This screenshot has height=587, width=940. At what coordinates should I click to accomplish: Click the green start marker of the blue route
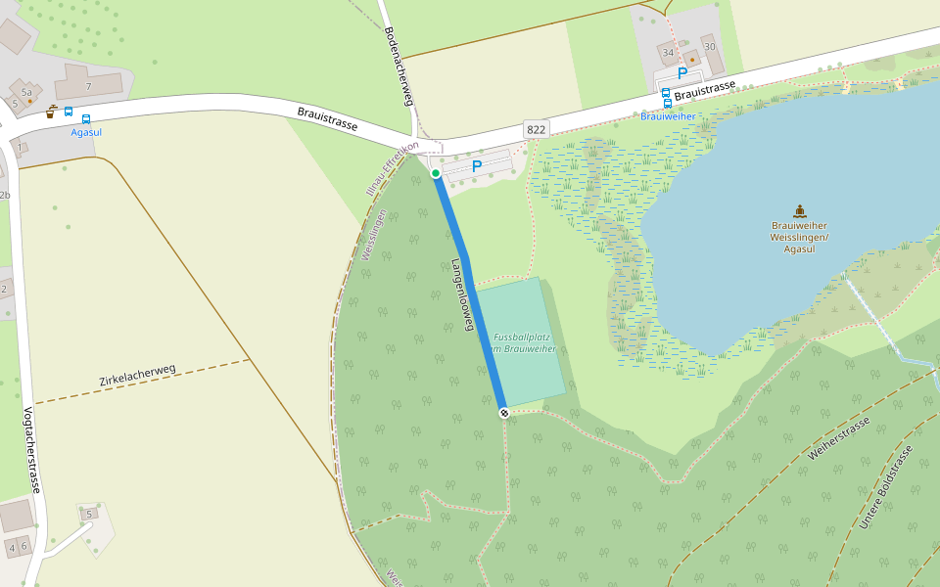(x=436, y=173)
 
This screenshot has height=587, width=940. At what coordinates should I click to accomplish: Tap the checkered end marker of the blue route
(x=504, y=413)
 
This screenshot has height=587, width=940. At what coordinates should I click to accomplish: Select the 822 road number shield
(x=536, y=129)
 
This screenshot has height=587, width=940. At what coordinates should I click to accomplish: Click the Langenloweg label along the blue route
(x=462, y=294)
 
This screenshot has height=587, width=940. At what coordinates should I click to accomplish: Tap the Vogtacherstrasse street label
(x=32, y=449)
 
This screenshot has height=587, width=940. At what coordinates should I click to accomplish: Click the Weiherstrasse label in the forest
(x=839, y=438)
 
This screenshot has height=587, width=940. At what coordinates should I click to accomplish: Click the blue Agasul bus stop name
(x=86, y=132)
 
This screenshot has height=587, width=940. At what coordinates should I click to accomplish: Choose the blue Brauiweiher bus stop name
(x=668, y=116)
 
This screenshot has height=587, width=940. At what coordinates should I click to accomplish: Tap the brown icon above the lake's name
(x=799, y=210)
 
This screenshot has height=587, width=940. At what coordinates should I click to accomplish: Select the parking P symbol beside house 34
(x=682, y=73)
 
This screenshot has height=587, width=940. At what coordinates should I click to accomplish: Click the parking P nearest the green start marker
(x=477, y=166)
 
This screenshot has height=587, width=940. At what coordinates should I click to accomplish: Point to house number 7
(x=88, y=87)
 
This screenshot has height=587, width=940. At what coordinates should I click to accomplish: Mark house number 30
(x=709, y=47)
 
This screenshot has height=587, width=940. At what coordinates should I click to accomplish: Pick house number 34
(x=668, y=53)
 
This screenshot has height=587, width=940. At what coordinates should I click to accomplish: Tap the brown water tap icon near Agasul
(x=50, y=112)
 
